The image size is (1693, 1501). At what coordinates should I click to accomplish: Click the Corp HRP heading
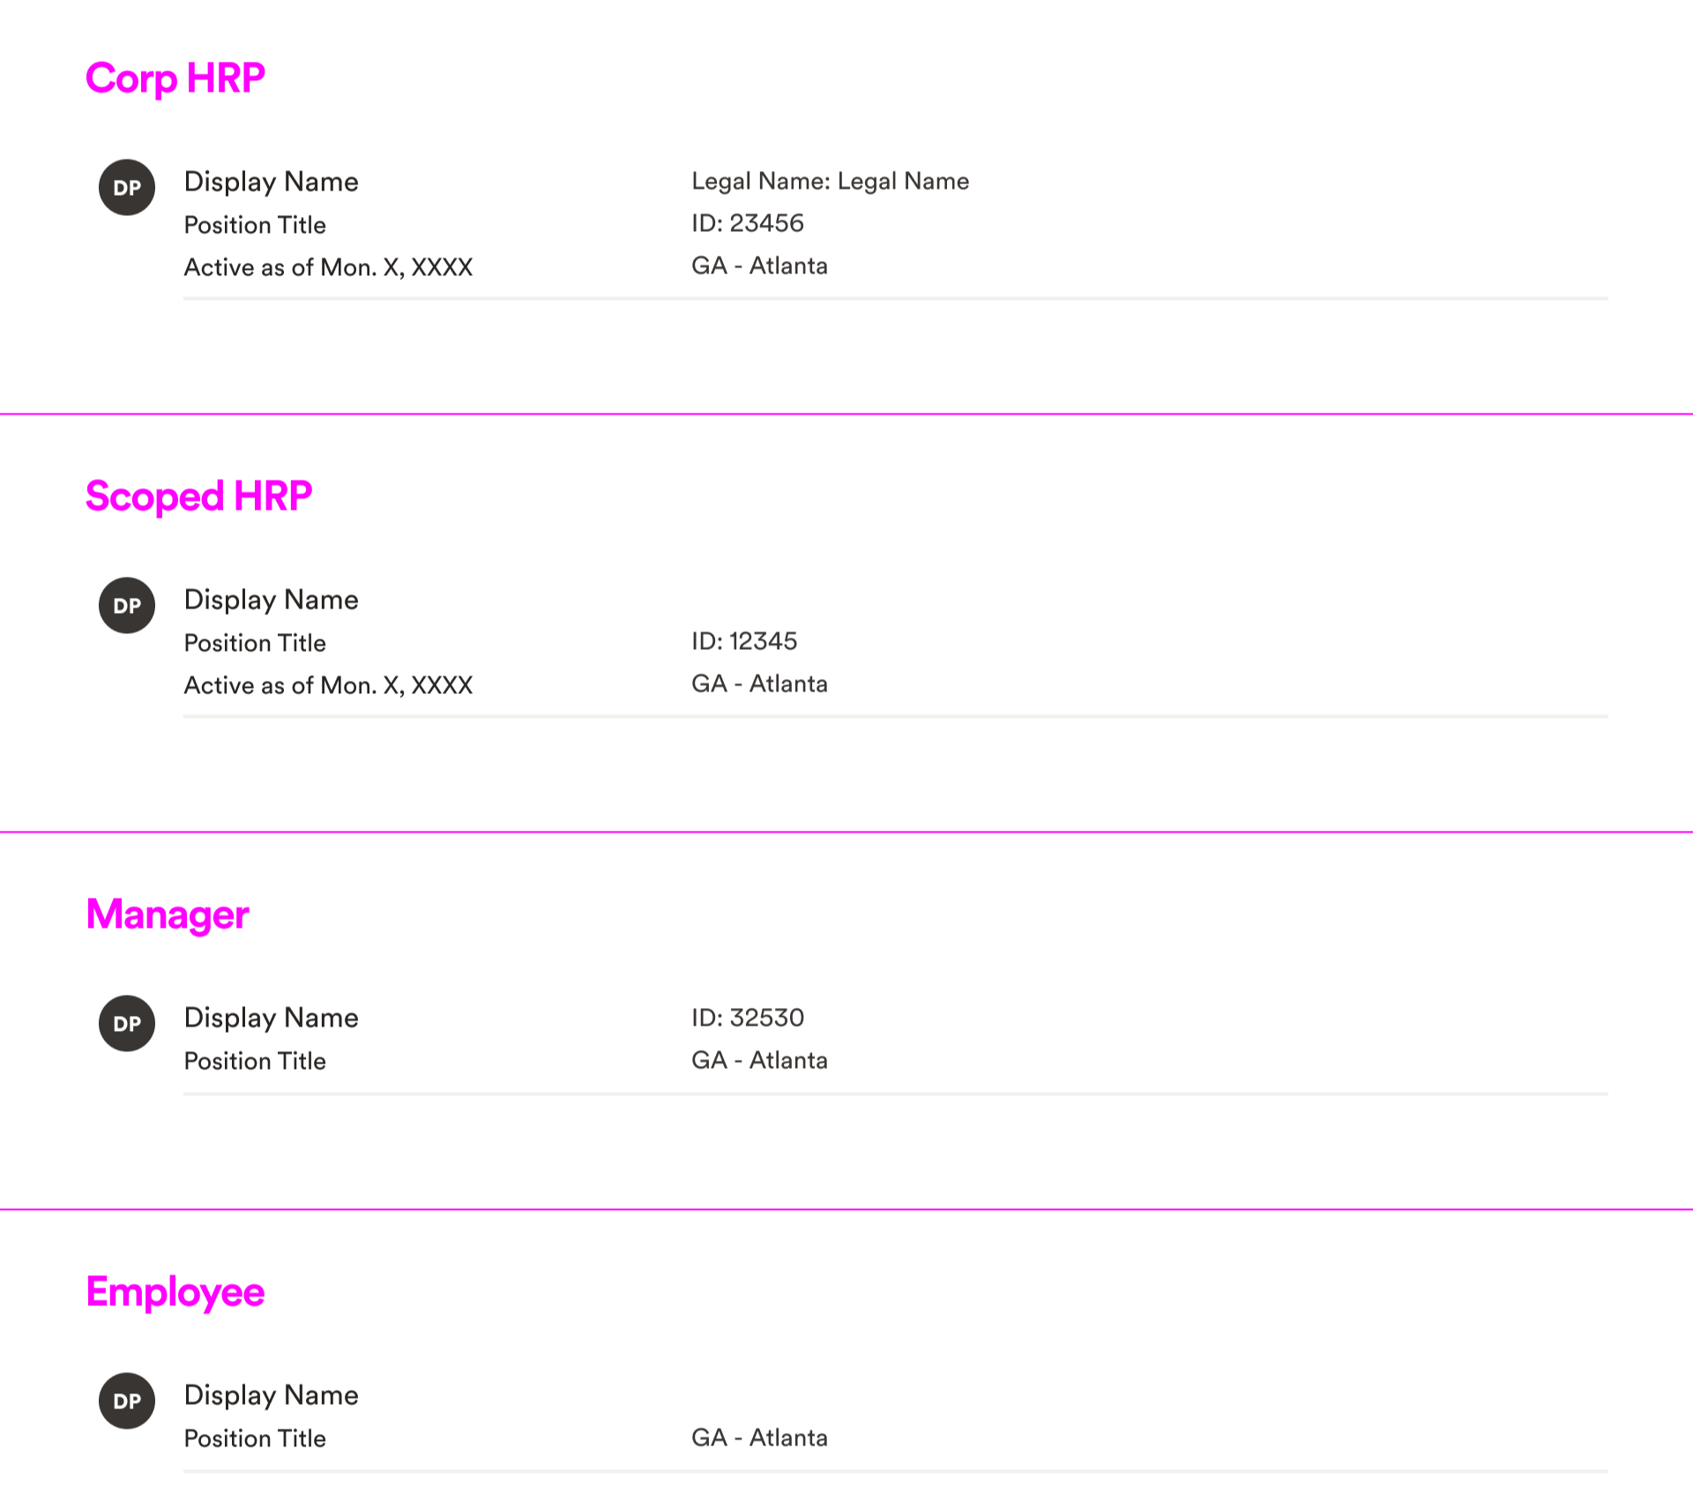click(175, 79)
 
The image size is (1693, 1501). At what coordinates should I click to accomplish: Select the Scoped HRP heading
click(198, 497)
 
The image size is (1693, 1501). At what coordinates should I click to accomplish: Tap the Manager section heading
click(168, 915)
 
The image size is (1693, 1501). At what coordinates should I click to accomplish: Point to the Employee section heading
click(175, 1293)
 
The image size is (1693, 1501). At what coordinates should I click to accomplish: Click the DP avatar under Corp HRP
click(127, 188)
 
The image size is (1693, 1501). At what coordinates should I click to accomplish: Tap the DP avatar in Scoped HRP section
click(127, 606)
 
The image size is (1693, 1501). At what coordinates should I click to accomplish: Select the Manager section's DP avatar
click(127, 1024)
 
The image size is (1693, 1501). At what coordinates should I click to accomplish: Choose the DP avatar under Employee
click(127, 1401)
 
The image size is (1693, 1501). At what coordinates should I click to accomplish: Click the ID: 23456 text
click(748, 224)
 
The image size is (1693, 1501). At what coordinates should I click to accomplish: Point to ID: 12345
click(744, 642)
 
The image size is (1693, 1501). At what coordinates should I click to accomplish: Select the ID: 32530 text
click(748, 1019)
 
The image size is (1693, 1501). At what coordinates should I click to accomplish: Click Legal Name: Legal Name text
click(830, 182)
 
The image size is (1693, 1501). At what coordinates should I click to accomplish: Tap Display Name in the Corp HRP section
click(271, 183)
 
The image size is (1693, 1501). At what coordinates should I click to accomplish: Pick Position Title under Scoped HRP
click(255, 644)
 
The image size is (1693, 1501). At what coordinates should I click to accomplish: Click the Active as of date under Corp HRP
click(328, 268)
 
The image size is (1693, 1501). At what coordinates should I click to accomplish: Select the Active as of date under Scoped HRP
click(328, 686)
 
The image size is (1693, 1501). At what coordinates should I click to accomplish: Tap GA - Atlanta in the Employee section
click(759, 1438)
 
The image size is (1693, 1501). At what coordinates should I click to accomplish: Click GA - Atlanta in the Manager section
click(759, 1061)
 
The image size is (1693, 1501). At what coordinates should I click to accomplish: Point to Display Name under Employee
click(271, 1396)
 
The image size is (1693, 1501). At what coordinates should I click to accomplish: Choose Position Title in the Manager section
click(255, 1062)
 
